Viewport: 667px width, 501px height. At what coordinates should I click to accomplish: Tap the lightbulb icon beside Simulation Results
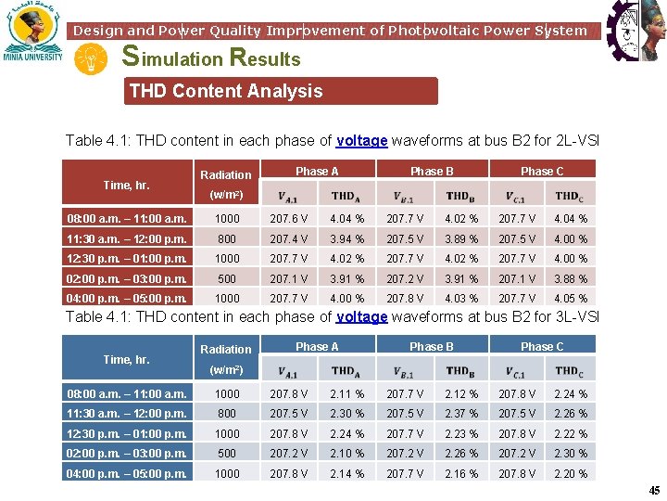92,59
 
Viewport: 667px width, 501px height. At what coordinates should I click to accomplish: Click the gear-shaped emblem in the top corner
636,31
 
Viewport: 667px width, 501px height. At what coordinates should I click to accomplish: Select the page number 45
654,491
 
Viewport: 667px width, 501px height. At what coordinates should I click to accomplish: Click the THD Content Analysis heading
226,91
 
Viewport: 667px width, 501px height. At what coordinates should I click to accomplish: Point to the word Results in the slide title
265,58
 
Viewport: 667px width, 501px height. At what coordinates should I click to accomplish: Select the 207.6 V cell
289,219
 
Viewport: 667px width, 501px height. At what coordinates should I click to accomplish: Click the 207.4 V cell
289,238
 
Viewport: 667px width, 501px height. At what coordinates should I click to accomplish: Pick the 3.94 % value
346,238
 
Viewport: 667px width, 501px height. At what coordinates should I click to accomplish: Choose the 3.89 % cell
460,238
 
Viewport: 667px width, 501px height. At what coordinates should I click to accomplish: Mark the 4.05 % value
570,298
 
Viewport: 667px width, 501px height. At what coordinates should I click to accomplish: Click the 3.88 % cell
570,278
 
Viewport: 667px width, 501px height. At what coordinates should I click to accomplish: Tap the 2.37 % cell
460,414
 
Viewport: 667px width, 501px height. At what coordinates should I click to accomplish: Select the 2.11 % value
346,394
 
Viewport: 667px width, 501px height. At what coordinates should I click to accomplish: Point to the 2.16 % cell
460,473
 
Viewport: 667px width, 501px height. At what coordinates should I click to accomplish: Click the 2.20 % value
570,473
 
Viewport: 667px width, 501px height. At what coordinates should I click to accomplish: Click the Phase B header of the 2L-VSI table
432,171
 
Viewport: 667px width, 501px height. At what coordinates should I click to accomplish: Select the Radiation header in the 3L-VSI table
226,350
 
